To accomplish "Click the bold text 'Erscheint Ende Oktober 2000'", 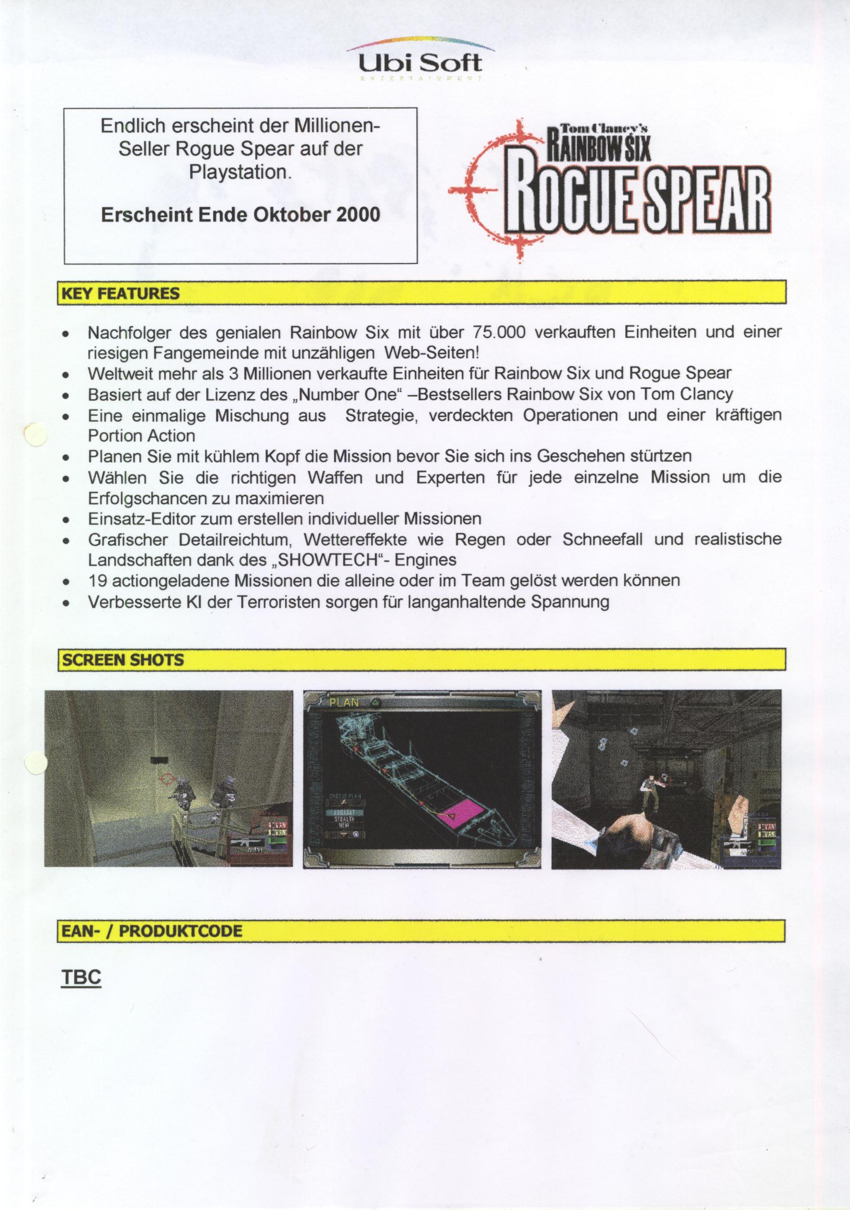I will click(x=240, y=215).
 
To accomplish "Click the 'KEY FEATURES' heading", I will click(x=121, y=294).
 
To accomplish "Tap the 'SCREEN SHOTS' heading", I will click(x=123, y=660).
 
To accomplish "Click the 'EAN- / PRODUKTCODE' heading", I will click(x=153, y=931).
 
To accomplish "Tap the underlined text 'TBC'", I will click(x=81, y=978).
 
